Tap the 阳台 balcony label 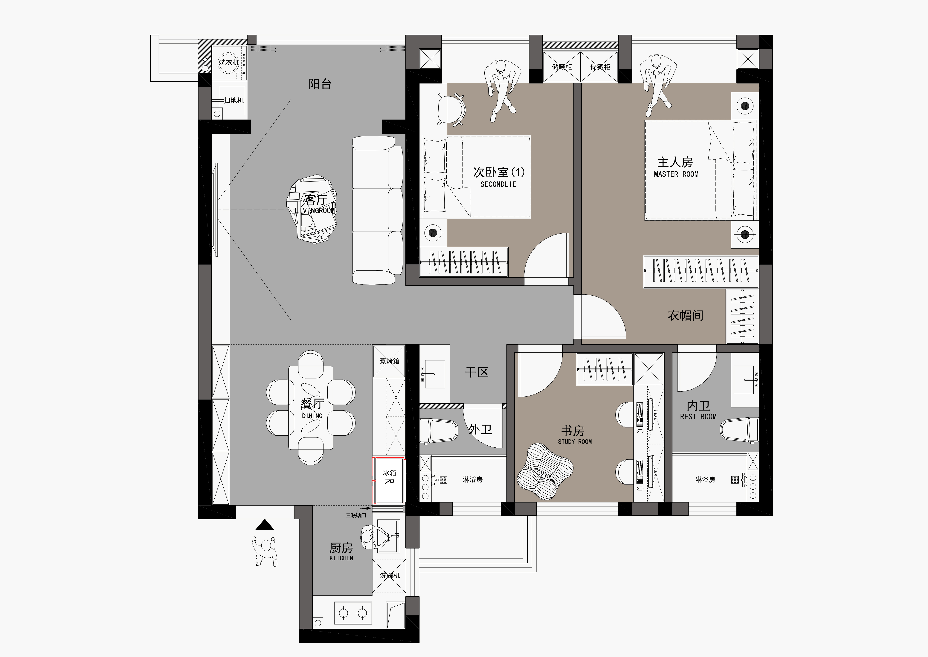coord(320,84)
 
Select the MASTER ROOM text coord(676,174)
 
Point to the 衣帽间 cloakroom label coord(686,316)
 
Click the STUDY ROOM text coord(575,442)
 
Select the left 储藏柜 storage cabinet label coord(562,67)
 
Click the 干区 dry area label coord(477,372)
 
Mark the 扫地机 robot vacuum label coord(234,100)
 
